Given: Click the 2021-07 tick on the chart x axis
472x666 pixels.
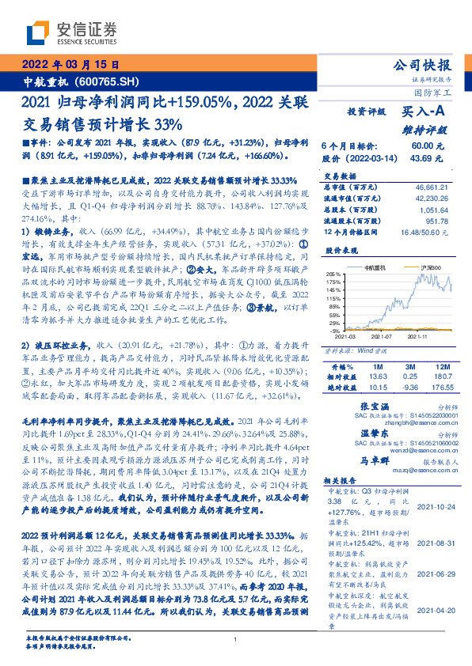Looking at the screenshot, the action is [x=383, y=335].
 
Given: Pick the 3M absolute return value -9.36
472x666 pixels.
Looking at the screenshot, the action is [x=409, y=388].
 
